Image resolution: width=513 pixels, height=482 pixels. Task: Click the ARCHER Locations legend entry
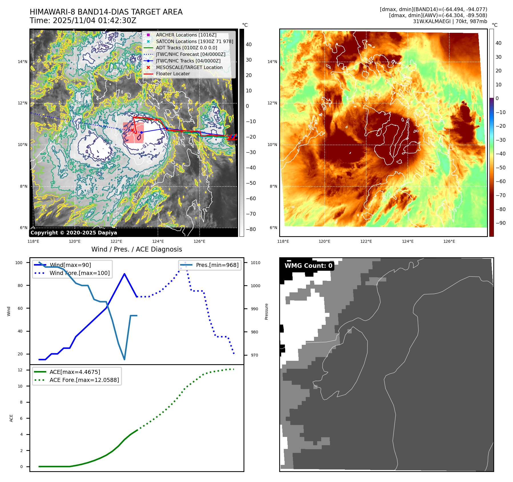186,35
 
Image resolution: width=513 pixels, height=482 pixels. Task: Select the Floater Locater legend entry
173,74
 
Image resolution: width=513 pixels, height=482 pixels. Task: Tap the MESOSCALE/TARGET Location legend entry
189,67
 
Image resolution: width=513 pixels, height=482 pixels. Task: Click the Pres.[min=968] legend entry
217,265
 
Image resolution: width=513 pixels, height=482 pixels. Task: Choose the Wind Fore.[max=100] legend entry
79,273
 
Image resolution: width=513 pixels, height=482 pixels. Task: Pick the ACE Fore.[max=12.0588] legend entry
84,380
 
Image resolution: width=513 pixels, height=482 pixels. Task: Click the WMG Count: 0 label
308,266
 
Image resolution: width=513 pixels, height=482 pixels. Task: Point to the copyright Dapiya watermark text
74,233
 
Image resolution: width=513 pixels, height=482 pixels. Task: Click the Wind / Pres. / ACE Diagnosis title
136,249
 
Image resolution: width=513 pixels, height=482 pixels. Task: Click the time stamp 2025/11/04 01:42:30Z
94,21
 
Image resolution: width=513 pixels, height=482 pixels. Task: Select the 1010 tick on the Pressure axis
256,263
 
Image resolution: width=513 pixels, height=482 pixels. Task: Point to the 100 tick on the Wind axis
19,263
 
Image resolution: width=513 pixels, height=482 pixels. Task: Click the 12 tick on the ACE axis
20,370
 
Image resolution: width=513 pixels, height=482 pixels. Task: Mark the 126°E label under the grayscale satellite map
199,241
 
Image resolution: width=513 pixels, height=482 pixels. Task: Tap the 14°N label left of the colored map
272,62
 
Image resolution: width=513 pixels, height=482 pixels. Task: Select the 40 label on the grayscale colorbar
249,44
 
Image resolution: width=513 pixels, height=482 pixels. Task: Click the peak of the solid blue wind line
124,274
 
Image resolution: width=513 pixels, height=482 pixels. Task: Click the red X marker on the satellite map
132,130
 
